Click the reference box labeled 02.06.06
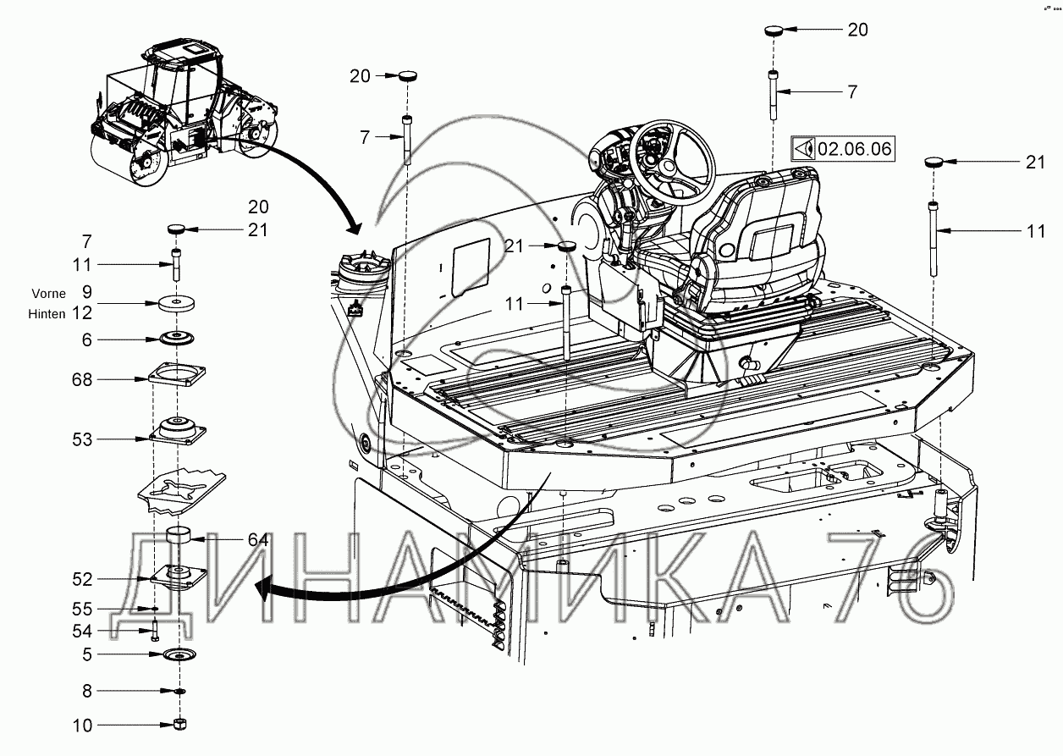click(x=842, y=148)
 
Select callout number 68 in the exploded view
click(x=81, y=379)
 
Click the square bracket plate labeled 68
click(x=177, y=374)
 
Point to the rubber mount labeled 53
click(x=178, y=431)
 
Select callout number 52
click(x=81, y=579)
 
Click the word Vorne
click(x=48, y=294)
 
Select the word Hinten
click(x=47, y=314)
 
